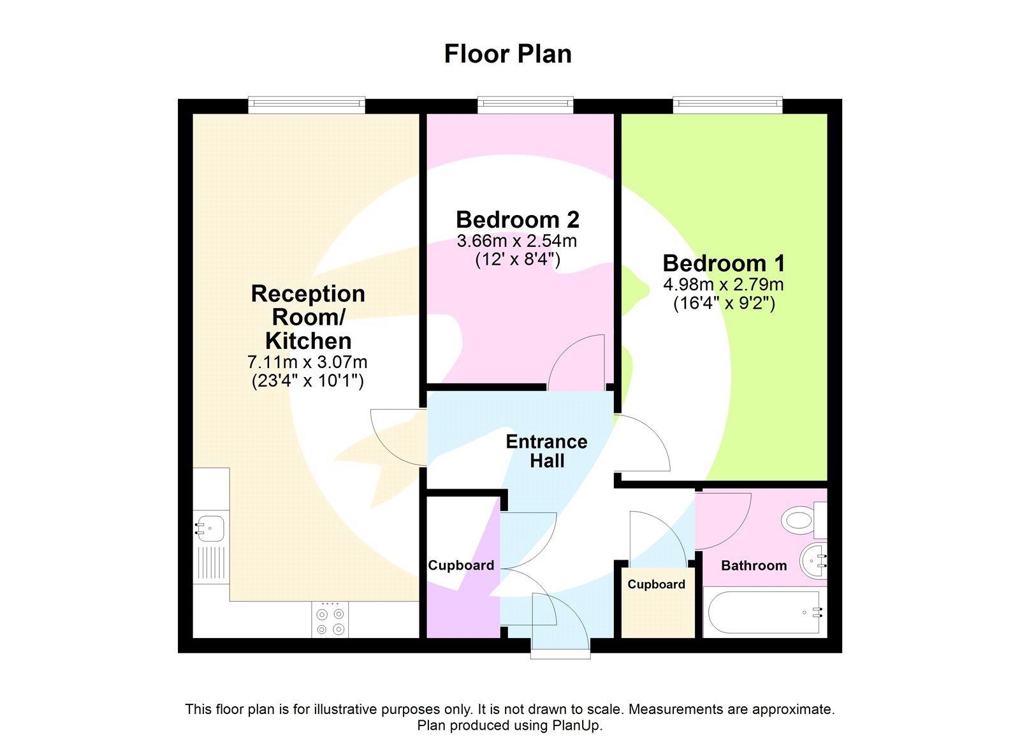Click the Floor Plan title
[x=507, y=54]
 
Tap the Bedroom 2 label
[x=517, y=219]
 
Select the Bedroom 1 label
[x=724, y=263]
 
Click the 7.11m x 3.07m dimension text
[x=307, y=362]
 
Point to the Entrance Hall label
[x=546, y=450]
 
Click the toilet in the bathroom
[x=802, y=519]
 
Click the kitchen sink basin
[x=210, y=528]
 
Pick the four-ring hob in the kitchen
[x=330, y=620]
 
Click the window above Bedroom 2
[x=525, y=104]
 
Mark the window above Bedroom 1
[x=727, y=104]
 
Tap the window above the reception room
[x=307, y=104]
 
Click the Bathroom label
[x=754, y=565]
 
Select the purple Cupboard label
[x=460, y=565]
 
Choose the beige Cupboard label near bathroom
[x=656, y=584]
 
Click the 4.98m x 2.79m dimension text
[x=724, y=285]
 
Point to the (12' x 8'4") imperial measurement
[x=517, y=260]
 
